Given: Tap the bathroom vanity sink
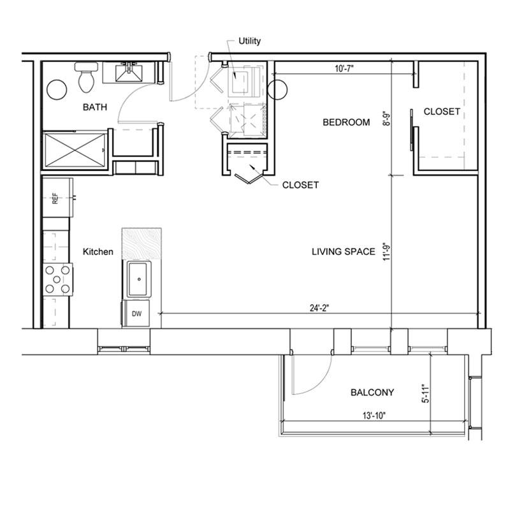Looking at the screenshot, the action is click(130, 73).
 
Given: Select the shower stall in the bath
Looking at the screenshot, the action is click(75, 150).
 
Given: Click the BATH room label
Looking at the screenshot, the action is click(94, 107).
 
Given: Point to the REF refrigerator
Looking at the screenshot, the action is click(57, 198).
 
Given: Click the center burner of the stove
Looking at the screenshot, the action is click(57, 279).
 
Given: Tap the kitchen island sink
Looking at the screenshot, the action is click(139, 279).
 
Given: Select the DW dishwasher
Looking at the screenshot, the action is click(136, 313).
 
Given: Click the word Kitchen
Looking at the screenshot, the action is click(98, 252).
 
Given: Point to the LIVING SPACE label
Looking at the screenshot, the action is click(344, 252).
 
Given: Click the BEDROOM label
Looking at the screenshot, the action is click(346, 122).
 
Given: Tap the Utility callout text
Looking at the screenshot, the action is click(249, 41).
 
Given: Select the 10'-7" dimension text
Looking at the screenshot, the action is click(344, 68).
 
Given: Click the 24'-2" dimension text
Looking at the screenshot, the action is click(320, 308).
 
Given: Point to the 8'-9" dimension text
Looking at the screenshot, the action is click(386, 119).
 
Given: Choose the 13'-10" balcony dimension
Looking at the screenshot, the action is click(374, 416).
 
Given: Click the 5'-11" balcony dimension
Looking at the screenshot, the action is click(426, 394).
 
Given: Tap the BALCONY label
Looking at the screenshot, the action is click(372, 393).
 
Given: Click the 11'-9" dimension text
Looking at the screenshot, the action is click(386, 252).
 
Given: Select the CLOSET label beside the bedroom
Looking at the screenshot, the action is click(442, 112).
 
